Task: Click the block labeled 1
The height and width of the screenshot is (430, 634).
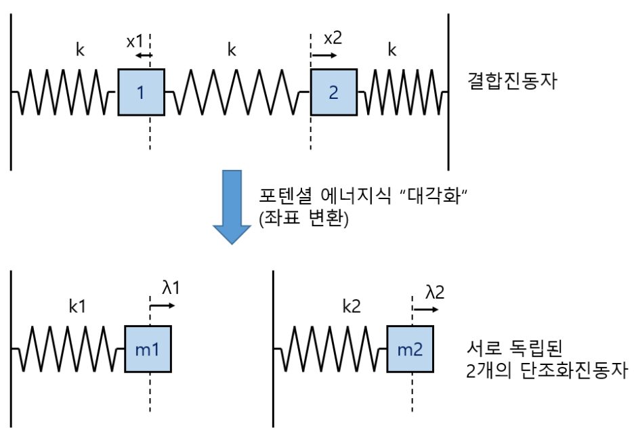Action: pos(141,93)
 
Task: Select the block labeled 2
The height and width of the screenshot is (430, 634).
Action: pos(333,93)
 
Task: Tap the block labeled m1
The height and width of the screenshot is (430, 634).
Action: pos(148,349)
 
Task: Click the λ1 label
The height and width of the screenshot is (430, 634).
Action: pos(171,288)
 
